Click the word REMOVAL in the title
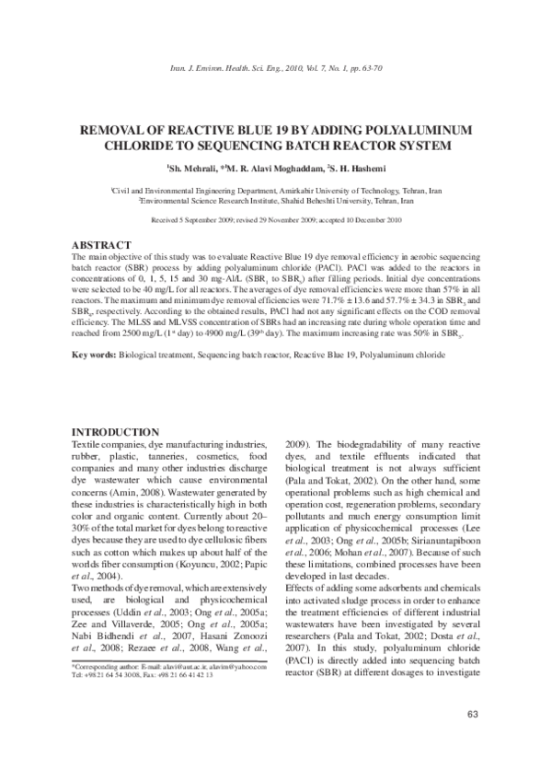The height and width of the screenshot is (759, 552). click(114, 130)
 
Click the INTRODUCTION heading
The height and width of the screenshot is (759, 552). click(116, 433)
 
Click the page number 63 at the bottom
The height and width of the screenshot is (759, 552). click(473, 716)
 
